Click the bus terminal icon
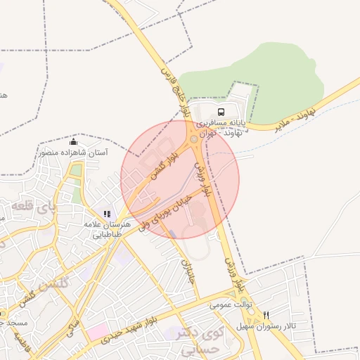[221, 112]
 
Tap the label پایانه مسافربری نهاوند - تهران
[223, 127]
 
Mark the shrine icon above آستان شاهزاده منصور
[74, 143]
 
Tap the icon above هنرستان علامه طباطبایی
[107, 214]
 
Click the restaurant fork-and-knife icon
[266, 315]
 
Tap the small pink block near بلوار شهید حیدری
[98, 331]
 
